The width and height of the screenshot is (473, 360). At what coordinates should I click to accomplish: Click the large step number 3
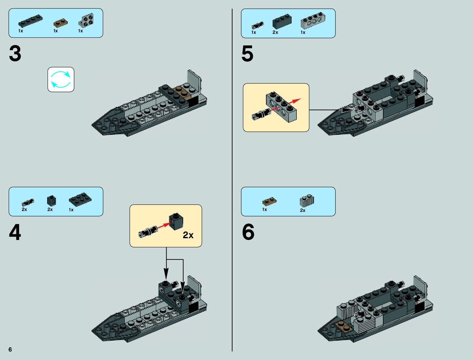15,54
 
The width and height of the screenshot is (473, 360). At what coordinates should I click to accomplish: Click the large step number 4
15,232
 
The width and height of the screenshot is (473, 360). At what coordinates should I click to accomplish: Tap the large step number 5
247,54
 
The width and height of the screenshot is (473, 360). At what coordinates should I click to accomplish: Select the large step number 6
248,232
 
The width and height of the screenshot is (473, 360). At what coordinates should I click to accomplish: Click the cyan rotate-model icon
61,79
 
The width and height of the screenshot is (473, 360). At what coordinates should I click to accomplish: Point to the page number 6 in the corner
10,349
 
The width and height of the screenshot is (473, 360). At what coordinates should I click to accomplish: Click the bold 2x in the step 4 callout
188,235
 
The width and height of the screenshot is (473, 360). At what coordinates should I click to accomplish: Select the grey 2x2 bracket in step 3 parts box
86,21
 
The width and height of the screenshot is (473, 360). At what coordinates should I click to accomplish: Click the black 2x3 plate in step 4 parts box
80,199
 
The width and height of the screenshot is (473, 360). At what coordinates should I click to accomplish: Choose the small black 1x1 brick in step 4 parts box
51,200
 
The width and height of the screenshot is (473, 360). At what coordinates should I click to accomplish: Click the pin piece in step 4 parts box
28,202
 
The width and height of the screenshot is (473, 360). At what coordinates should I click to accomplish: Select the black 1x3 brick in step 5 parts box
282,21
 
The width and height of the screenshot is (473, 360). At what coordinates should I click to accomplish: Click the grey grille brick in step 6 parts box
307,201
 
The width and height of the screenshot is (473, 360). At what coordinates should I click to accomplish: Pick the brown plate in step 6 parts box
269,201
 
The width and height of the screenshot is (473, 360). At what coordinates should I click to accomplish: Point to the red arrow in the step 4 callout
164,226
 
